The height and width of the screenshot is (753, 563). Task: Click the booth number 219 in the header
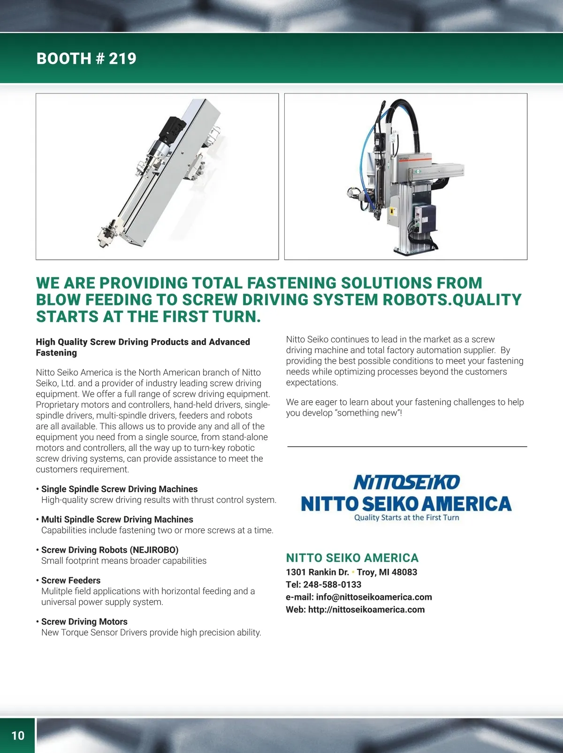pyautogui.click(x=122, y=58)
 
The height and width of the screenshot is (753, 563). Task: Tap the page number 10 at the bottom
pyautogui.click(x=18, y=735)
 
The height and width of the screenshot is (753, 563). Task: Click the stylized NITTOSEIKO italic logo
pyautogui.click(x=406, y=482)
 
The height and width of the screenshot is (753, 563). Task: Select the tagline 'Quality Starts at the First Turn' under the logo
pyautogui.click(x=406, y=518)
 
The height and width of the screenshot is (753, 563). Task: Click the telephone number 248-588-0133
pyautogui.click(x=332, y=584)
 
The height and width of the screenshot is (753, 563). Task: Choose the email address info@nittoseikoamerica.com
pyautogui.click(x=374, y=597)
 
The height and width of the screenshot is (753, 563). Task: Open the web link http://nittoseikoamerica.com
pyautogui.click(x=366, y=609)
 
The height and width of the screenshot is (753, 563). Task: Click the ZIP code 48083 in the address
pyautogui.click(x=404, y=572)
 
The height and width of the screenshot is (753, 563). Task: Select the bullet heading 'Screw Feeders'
pyautogui.click(x=71, y=580)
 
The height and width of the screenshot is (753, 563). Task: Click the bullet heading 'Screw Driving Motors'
pyautogui.click(x=84, y=621)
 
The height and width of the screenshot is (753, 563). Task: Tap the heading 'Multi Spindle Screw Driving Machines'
pyautogui.click(x=117, y=519)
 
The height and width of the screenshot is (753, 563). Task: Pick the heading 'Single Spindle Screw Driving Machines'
pyautogui.click(x=119, y=489)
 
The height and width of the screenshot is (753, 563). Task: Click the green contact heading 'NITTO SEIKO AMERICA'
pyautogui.click(x=352, y=558)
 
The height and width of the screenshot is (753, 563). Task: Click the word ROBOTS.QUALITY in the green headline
pyautogui.click(x=452, y=300)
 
